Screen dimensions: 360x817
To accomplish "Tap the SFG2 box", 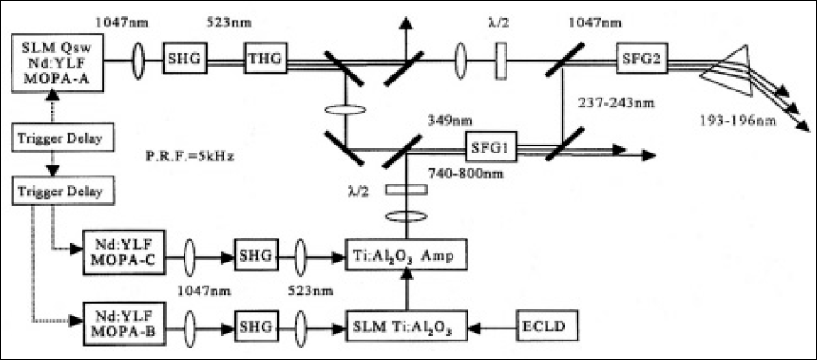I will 639,61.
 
